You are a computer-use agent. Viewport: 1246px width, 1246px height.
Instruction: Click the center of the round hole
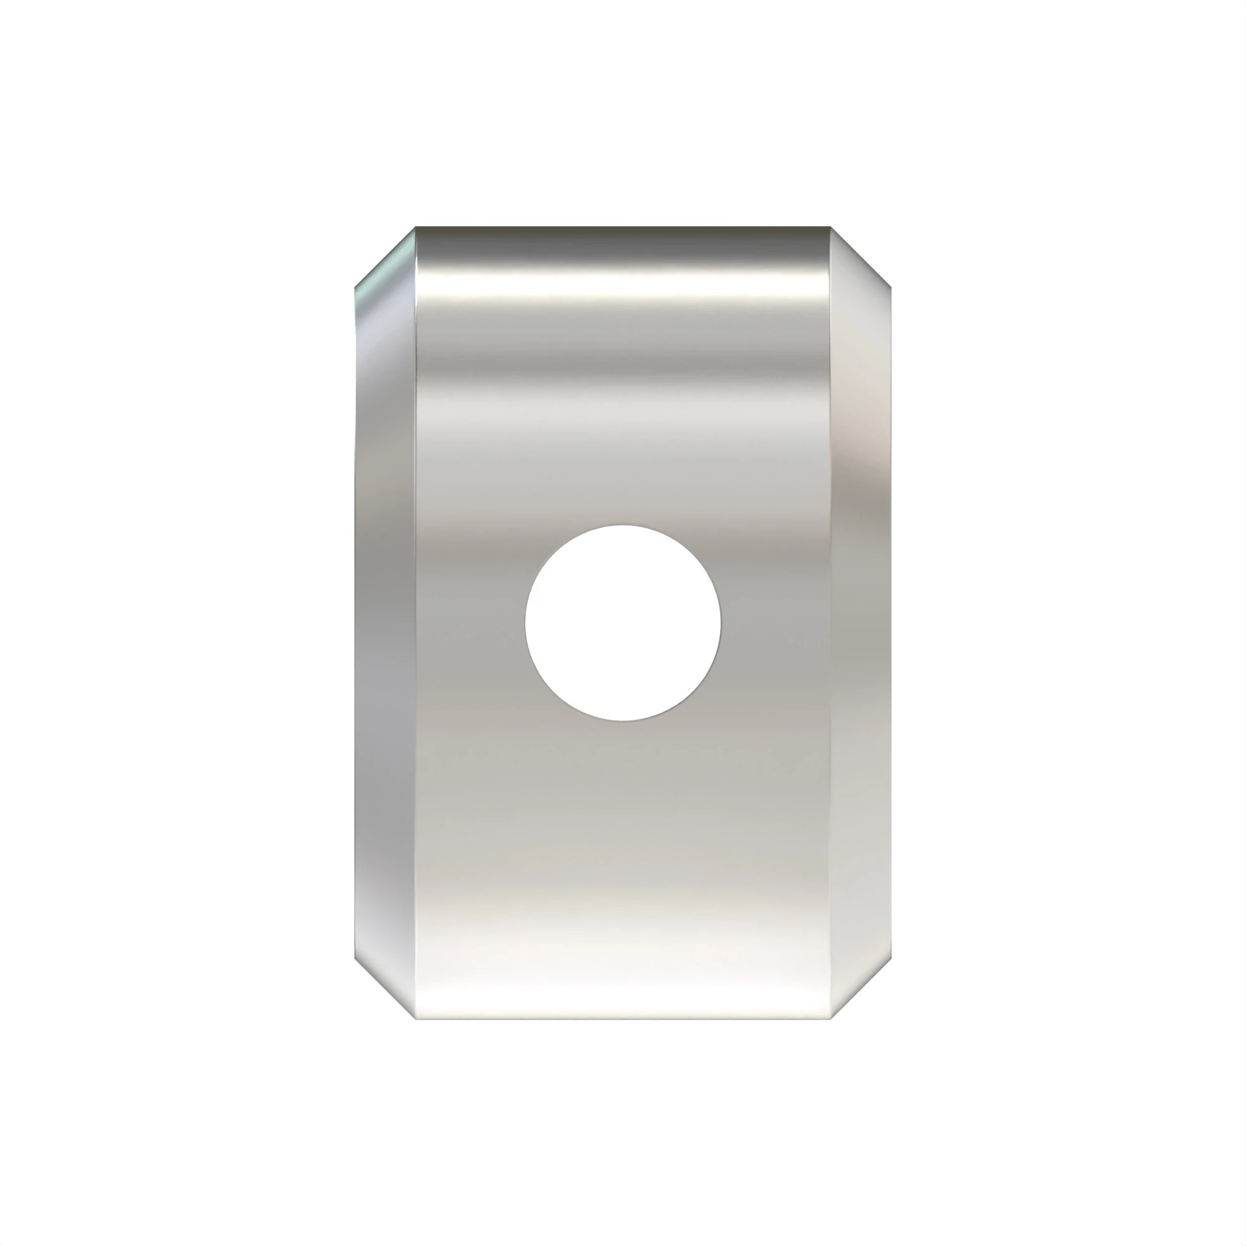[x=623, y=622]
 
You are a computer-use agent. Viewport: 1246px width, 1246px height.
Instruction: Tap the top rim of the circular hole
[x=623, y=526]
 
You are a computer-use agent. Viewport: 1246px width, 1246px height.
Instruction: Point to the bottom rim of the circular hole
[x=623, y=720]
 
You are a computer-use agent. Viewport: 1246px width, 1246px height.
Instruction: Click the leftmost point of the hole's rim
[x=526, y=622]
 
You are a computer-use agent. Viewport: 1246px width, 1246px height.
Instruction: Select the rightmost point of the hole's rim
[x=720, y=622]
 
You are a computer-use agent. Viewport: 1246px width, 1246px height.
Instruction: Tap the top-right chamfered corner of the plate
[x=860, y=256]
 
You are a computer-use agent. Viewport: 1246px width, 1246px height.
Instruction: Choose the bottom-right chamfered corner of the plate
[x=860, y=989]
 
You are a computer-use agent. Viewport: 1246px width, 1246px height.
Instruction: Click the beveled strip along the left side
[x=385, y=622]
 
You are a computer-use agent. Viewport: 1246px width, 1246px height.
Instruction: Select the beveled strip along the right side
[x=860, y=622]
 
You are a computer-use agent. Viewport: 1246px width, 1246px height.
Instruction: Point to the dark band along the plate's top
[x=623, y=242]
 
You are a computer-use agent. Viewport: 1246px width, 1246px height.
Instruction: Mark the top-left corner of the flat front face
[x=416, y=227]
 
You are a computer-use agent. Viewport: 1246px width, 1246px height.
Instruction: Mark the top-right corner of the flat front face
[x=830, y=227]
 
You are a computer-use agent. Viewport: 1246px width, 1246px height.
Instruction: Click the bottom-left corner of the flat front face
[x=416, y=1019]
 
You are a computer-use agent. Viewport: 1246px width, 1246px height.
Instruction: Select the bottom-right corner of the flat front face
[x=830, y=1019]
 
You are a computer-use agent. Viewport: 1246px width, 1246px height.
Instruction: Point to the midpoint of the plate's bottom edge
[x=623, y=1019]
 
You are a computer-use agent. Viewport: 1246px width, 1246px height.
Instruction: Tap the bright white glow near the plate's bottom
[x=623, y=968]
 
